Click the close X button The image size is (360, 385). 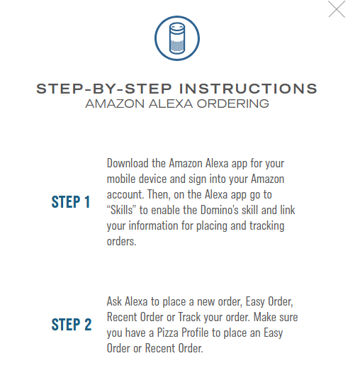tap(337, 9)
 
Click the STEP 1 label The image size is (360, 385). tap(71, 202)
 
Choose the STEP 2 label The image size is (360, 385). tap(72, 325)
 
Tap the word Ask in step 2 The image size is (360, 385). tap(115, 301)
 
